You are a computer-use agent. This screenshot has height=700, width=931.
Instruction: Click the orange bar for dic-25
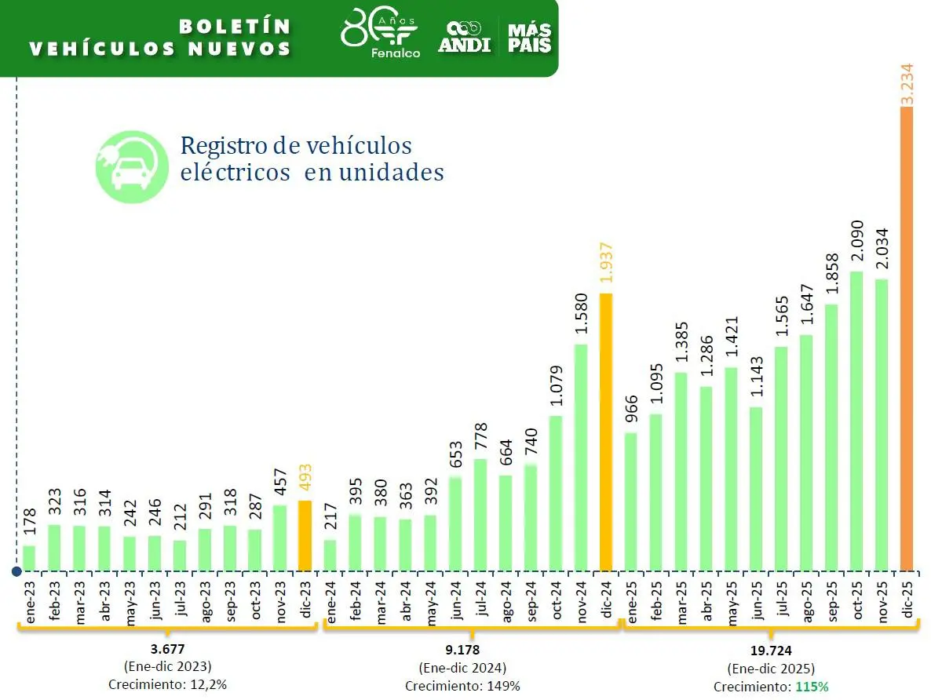[x=907, y=337]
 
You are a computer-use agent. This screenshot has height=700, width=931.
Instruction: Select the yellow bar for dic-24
[x=606, y=432]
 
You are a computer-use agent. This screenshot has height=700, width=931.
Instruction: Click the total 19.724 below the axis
[x=770, y=651]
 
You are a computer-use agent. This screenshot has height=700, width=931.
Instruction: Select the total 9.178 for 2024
[x=462, y=651]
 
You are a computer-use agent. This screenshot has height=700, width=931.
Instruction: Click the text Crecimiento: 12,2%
[x=167, y=684]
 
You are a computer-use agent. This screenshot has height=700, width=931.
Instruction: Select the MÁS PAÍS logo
[x=529, y=37]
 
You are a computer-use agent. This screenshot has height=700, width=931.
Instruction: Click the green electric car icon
[x=132, y=167]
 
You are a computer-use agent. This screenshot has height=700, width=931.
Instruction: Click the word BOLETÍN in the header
[x=235, y=26]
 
